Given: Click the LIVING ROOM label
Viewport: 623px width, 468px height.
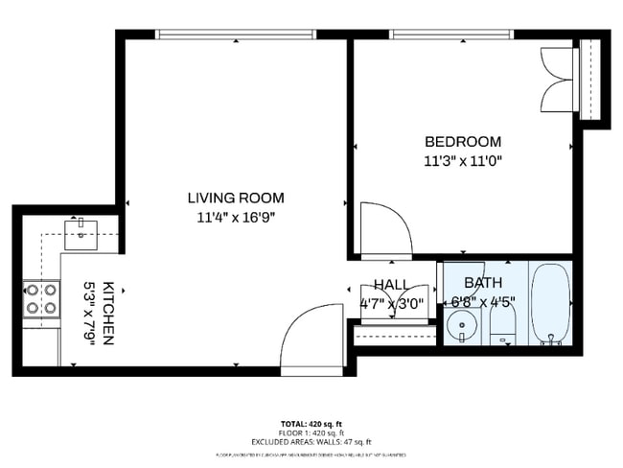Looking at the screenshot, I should click(x=235, y=198).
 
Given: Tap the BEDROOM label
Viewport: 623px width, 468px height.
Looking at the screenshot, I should click(x=463, y=140).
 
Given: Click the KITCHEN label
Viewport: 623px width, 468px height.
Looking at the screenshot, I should click(x=109, y=314).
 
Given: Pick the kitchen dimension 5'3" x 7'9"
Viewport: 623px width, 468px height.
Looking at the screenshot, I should click(x=91, y=314).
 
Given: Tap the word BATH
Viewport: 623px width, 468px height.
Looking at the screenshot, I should click(x=482, y=283).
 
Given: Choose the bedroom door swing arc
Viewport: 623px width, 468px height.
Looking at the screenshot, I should click(x=385, y=230).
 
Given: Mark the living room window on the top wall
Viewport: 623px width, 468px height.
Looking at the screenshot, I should click(x=236, y=35).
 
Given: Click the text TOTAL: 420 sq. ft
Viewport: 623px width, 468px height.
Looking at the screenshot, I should click(x=311, y=423).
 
